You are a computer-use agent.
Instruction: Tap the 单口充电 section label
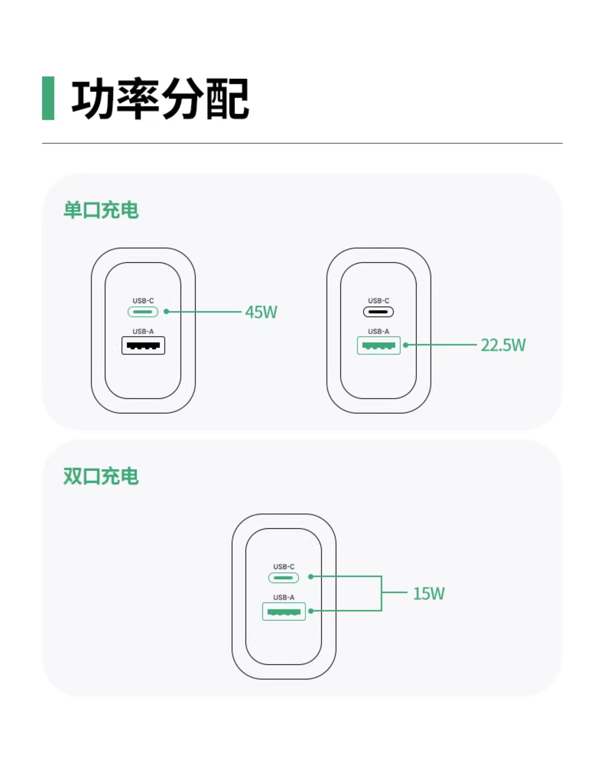101,210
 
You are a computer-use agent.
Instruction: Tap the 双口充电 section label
101,476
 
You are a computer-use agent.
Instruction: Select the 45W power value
261,312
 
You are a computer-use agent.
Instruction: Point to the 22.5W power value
503,345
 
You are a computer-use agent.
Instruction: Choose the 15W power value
429,593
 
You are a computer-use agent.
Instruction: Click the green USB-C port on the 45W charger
143,312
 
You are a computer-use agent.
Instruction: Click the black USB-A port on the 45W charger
143,345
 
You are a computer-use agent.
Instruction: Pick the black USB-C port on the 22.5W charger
378,312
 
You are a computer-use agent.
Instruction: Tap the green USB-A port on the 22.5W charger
379,345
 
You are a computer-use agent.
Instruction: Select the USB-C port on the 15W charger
283,578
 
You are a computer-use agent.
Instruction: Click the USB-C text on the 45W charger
143,301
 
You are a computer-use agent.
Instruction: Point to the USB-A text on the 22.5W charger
379,331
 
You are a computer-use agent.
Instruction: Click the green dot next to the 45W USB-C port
166,312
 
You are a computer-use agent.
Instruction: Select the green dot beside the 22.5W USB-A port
406,345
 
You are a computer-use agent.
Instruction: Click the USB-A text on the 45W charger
143,331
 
